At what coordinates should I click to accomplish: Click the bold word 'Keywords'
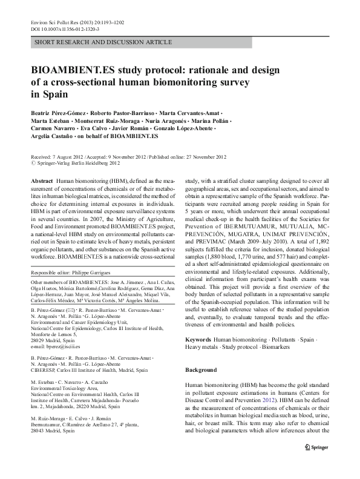198,341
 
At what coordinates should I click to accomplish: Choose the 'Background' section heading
200,369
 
